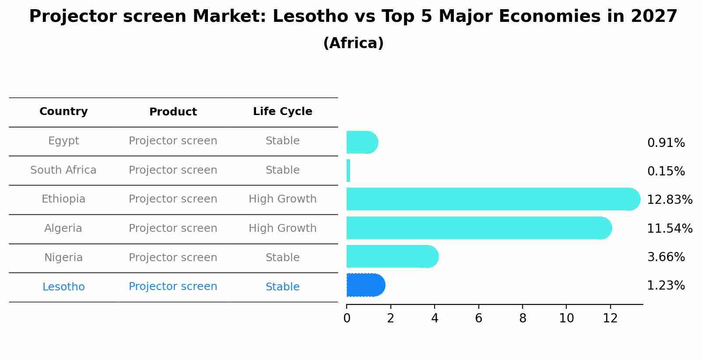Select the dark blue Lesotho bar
(365, 285)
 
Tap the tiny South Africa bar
(348, 171)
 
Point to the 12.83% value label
(669, 200)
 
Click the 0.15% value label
(666, 171)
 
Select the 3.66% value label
(666, 257)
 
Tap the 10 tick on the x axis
(566, 318)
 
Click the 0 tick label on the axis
(347, 318)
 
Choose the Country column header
(63, 112)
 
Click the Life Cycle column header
(282, 112)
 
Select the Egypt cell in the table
(63, 141)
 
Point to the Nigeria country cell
(63, 258)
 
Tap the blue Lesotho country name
(63, 287)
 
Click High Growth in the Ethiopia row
(282, 199)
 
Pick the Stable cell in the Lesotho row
(282, 287)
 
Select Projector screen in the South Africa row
(173, 170)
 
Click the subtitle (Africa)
(353, 43)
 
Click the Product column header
(173, 112)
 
